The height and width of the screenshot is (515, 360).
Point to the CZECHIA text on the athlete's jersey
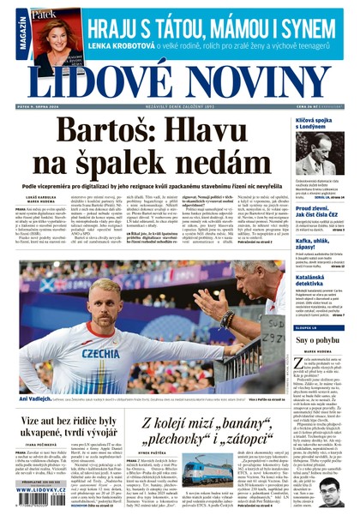coord(101,353)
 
